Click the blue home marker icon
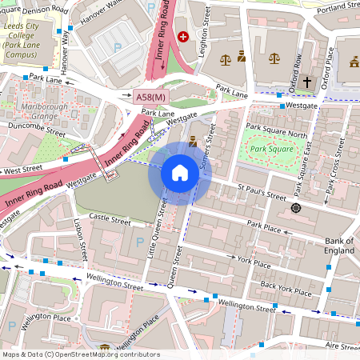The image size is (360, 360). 180,173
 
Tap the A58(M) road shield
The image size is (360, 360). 150,97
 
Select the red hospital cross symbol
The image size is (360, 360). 184,37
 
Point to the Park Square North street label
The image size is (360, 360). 276,130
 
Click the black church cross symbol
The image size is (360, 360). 306,82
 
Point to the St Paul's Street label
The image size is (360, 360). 266,194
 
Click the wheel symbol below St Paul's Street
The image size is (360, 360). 296,208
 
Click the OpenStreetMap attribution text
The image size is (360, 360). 80,354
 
